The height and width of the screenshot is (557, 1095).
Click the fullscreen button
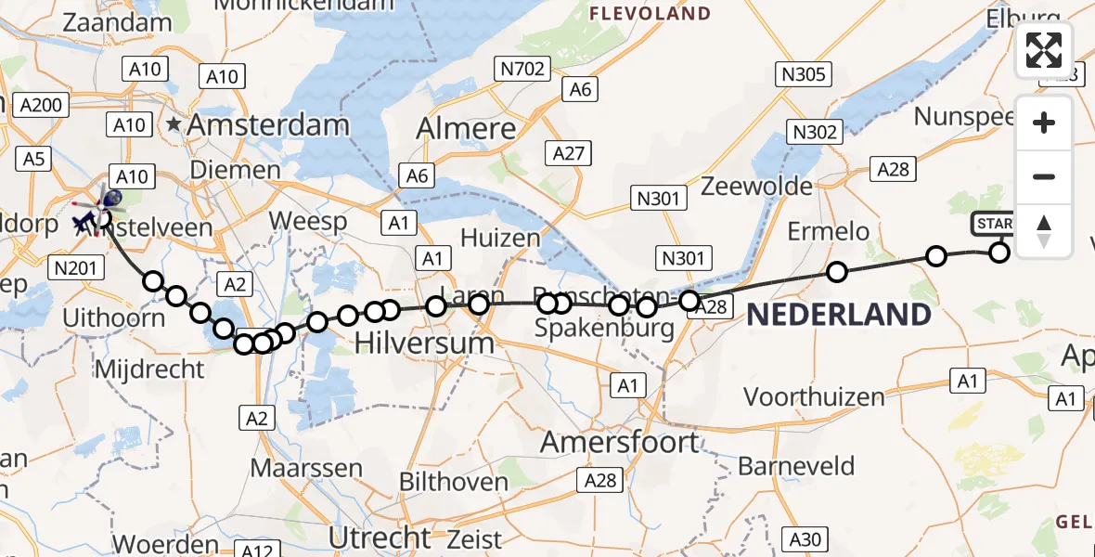(1044, 50)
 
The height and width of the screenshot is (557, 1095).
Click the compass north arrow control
(1044, 231)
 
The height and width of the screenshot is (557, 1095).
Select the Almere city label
(466, 129)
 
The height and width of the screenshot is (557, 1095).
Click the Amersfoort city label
(620, 442)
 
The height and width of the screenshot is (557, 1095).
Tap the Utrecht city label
(381, 537)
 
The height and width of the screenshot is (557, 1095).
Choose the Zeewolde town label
(757, 186)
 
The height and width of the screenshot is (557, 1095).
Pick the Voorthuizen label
(815, 397)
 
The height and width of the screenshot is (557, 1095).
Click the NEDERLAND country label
(839, 315)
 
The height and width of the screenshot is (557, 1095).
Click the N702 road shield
(524, 68)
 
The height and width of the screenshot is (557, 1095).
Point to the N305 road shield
(803, 74)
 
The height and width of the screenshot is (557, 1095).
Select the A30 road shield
(804, 538)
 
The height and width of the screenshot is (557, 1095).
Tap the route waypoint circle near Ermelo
(837, 272)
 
